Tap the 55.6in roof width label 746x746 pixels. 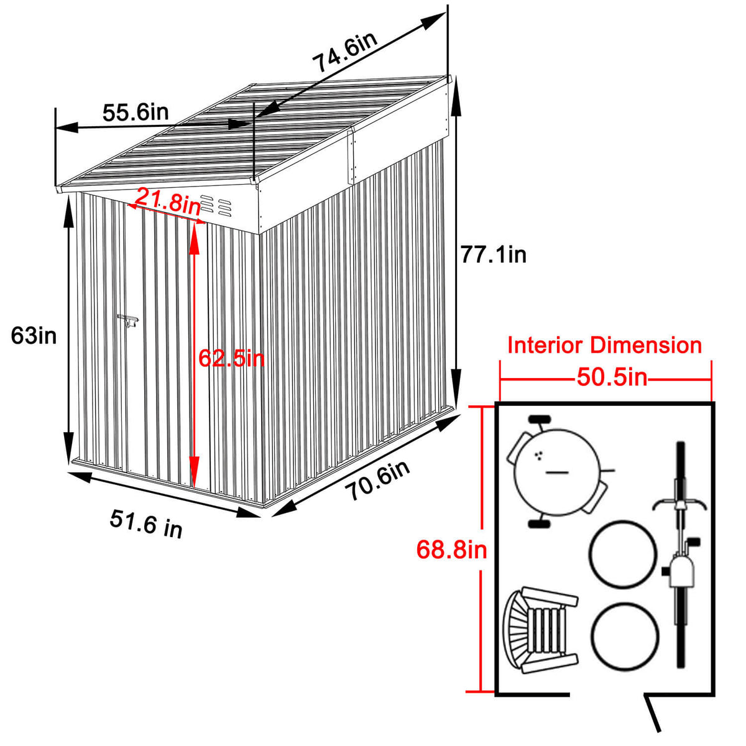tap(136, 113)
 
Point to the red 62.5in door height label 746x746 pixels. tap(231, 358)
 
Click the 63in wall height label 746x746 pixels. tap(34, 336)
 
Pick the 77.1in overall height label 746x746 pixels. tap(493, 254)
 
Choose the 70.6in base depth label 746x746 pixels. tap(378, 480)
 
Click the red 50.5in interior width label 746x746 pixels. tap(612, 377)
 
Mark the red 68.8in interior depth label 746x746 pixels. tap(451, 550)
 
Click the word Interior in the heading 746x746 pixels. tap(545, 345)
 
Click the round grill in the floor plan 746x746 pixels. tap(556, 473)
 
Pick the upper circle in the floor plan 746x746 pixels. tap(622, 554)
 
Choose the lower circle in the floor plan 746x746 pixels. tap(624, 636)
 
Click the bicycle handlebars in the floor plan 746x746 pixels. tap(680, 504)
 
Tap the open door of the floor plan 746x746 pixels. tap(653, 713)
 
